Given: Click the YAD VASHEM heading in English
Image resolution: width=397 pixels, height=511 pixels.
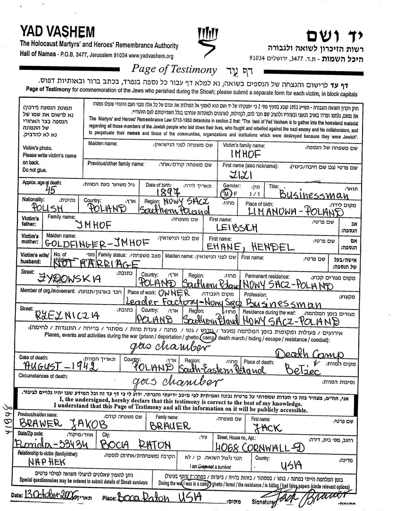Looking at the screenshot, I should tap(57, 32).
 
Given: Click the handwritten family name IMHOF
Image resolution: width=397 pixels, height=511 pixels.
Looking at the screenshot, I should tap(245, 155).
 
